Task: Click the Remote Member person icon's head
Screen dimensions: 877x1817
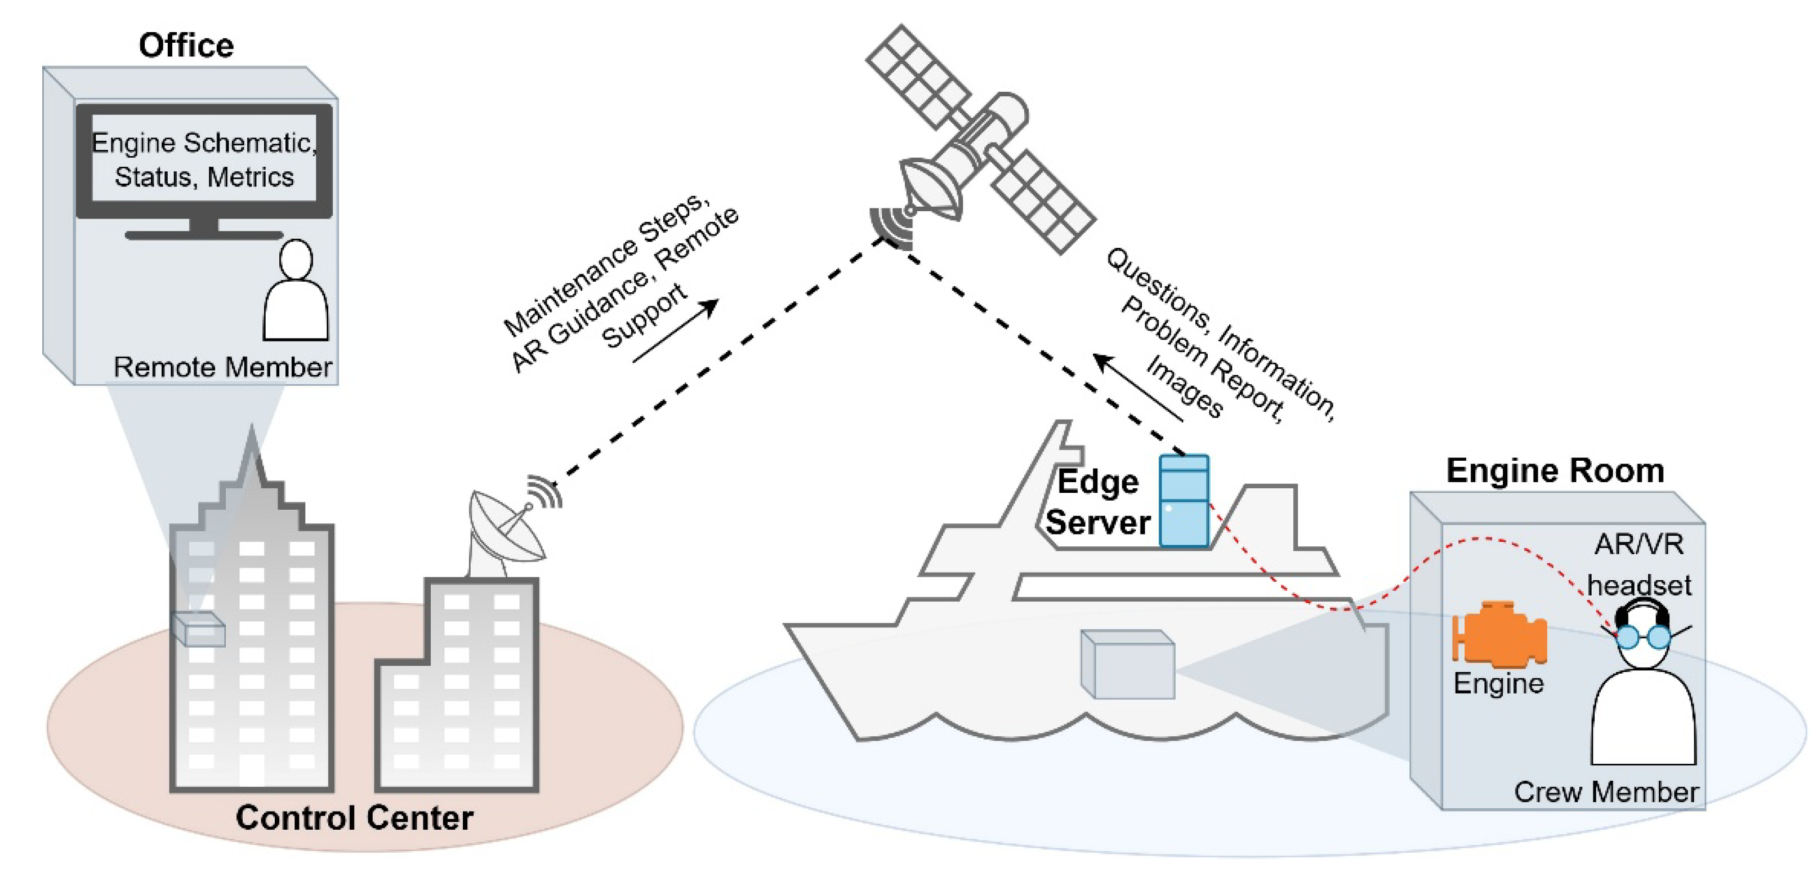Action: click(x=296, y=259)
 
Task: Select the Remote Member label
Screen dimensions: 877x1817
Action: click(x=222, y=367)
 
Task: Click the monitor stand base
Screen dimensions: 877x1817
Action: click(x=204, y=234)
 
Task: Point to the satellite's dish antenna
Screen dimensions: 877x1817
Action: click(x=930, y=188)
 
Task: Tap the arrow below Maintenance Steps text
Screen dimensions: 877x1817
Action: click(x=675, y=331)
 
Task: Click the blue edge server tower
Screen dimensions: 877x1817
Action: click(x=1184, y=500)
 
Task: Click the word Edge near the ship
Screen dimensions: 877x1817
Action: click(x=1097, y=483)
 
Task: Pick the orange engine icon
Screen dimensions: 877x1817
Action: click(x=1499, y=633)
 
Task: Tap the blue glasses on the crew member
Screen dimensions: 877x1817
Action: click(x=1643, y=636)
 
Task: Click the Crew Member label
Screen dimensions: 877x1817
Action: click(x=1605, y=791)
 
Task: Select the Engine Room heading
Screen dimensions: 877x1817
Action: click(x=1555, y=470)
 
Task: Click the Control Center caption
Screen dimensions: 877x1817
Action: click(x=354, y=818)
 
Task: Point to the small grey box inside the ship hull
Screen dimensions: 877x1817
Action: click(x=1127, y=664)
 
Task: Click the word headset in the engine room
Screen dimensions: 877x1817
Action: click(x=1639, y=585)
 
